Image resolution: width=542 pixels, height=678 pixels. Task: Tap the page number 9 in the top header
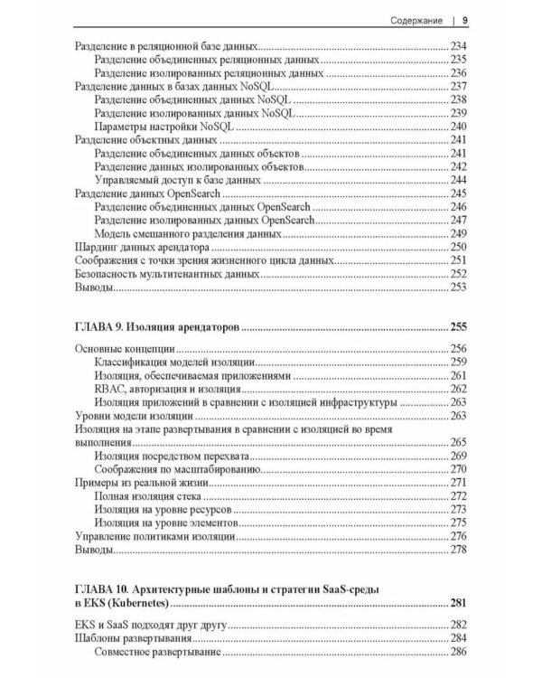tap(464, 19)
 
